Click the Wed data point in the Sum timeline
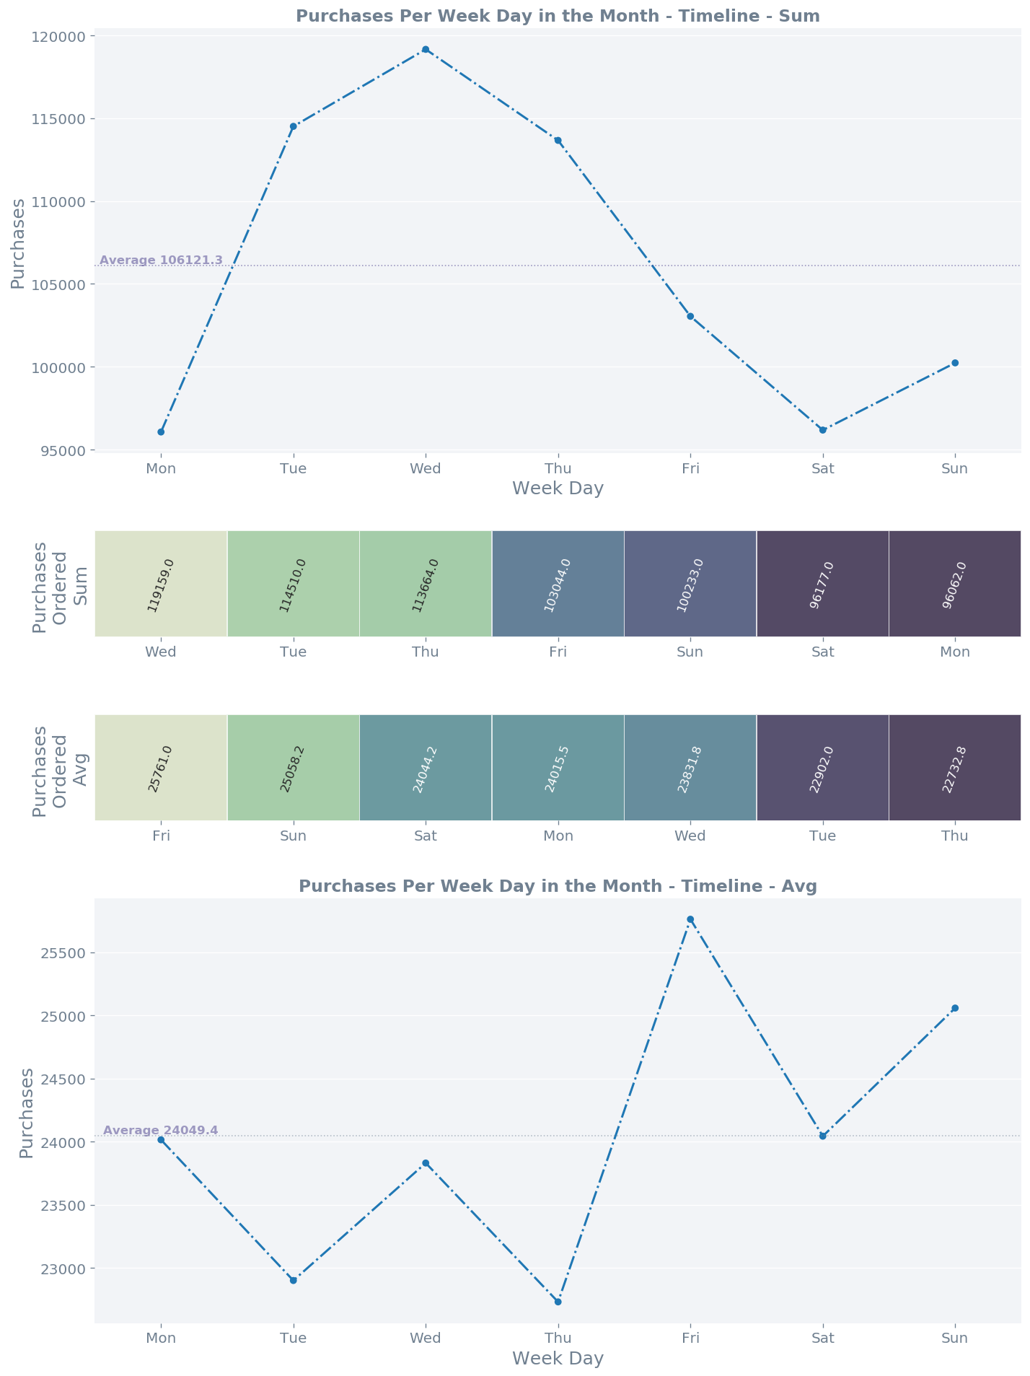tap(426, 50)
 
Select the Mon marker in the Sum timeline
tap(161, 432)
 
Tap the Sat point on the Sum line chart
tap(822, 430)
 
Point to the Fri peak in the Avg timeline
tap(690, 919)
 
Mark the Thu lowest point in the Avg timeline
tap(558, 1302)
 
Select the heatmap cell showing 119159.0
tap(161, 584)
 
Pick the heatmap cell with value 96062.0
tap(955, 584)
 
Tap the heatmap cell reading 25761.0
tap(161, 768)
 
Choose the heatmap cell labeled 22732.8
tap(955, 768)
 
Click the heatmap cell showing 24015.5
tap(558, 768)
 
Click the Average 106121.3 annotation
tap(161, 260)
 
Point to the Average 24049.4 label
tap(160, 1130)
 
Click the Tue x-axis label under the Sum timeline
tap(293, 469)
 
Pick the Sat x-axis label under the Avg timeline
tap(822, 1338)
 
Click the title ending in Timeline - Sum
tap(558, 16)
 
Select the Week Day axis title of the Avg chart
tap(558, 1359)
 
